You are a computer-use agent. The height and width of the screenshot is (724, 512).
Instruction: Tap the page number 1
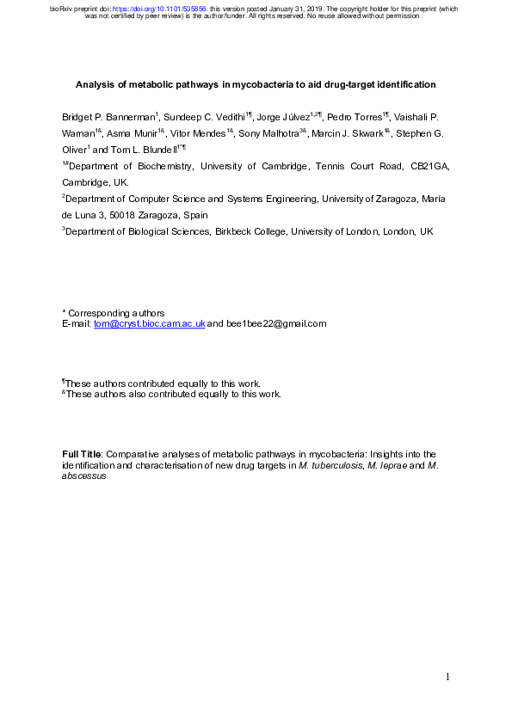pyautogui.click(x=448, y=678)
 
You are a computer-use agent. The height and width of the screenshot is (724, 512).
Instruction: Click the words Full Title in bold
pyautogui.click(x=83, y=453)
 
